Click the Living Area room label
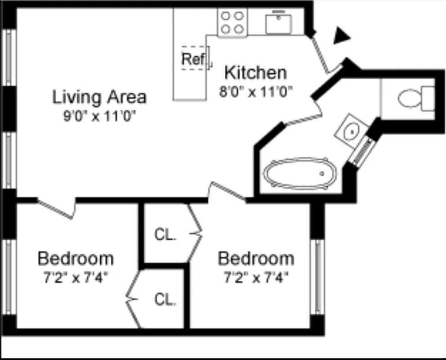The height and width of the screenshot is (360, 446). pyautogui.click(x=99, y=97)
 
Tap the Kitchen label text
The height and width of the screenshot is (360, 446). pyautogui.click(x=255, y=72)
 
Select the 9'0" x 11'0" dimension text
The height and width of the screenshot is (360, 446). pyautogui.click(x=99, y=116)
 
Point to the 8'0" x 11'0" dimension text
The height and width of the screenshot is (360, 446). pyautogui.click(x=256, y=92)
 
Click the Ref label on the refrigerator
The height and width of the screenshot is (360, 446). pyautogui.click(x=193, y=58)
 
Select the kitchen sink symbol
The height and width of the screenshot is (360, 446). pyautogui.click(x=278, y=23)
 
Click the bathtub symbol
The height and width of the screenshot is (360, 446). pyautogui.click(x=299, y=173)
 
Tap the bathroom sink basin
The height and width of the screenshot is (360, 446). pyautogui.click(x=351, y=131)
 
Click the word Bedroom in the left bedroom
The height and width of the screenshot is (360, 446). pyautogui.click(x=76, y=259)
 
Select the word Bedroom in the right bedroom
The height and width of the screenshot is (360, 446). pyautogui.click(x=256, y=259)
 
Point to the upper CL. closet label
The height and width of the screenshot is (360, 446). pyautogui.click(x=165, y=234)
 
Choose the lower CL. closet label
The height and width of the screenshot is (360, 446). pyautogui.click(x=165, y=299)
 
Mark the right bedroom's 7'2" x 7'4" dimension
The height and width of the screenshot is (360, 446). pyautogui.click(x=256, y=277)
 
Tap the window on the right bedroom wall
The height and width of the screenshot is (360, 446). pyautogui.click(x=318, y=276)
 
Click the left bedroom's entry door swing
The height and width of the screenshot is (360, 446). pyautogui.click(x=56, y=208)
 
